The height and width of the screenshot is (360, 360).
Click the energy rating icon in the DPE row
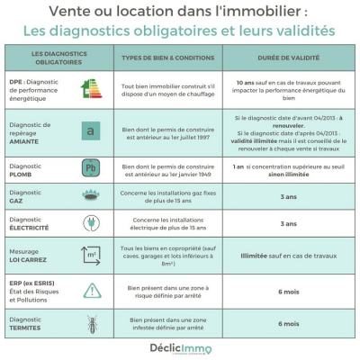pos(93,89)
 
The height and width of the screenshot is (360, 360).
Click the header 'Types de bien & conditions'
pos(168,58)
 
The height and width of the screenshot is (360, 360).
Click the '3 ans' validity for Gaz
pos(289,195)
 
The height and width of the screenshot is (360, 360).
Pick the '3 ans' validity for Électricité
pos(289,223)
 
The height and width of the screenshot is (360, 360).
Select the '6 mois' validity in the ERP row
pos(289,290)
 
